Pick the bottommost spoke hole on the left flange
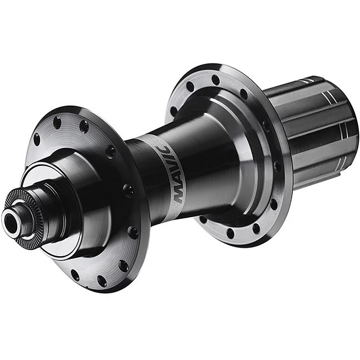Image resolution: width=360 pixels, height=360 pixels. (102, 281)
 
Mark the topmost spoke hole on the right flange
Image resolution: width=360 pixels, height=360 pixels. (216, 79)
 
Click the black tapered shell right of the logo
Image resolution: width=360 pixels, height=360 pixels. (217, 161)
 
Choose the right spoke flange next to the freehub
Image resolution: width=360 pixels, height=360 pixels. (267, 183)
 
